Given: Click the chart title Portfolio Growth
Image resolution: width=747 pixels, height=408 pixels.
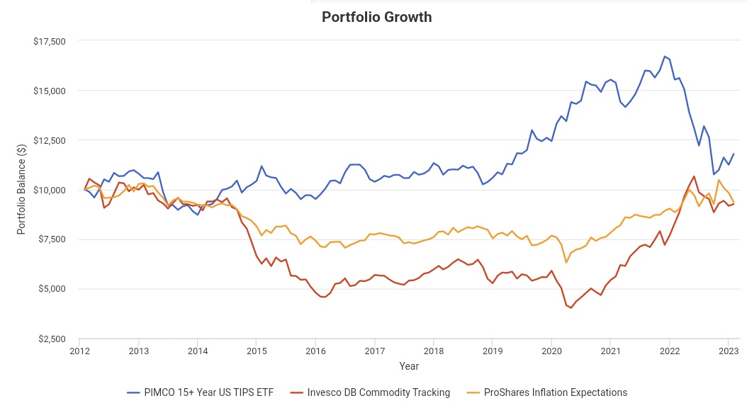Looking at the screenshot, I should [376, 17].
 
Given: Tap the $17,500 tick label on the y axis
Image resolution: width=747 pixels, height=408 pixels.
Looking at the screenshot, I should [50, 41].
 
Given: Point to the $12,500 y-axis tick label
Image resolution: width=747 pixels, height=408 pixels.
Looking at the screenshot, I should [50, 140].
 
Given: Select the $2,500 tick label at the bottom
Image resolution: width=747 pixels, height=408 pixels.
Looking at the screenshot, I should [52, 339].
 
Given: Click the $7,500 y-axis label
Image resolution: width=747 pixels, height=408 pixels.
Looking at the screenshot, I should [52, 239].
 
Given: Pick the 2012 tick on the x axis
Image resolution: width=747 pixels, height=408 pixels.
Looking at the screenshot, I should [79, 351].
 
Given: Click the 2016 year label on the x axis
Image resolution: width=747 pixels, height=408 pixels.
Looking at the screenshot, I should [315, 351].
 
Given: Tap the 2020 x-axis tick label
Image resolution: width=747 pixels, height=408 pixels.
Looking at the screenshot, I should [551, 351].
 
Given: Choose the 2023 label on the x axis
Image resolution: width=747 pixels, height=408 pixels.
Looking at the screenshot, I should [729, 351].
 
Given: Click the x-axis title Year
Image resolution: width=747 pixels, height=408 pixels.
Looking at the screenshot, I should [408, 366].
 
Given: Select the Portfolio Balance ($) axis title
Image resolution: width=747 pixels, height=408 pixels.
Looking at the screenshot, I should [22, 190].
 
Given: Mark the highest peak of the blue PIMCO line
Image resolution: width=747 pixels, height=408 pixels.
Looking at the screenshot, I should [664, 56].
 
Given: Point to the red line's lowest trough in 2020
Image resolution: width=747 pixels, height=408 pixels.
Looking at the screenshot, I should [571, 308].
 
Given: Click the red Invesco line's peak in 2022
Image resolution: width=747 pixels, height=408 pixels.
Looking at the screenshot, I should [694, 176].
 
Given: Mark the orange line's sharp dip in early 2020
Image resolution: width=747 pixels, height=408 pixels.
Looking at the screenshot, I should [566, 263].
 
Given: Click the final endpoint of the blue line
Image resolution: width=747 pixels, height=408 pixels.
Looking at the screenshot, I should [734, 154].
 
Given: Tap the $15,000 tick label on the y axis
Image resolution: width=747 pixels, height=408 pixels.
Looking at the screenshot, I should [50, 91].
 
